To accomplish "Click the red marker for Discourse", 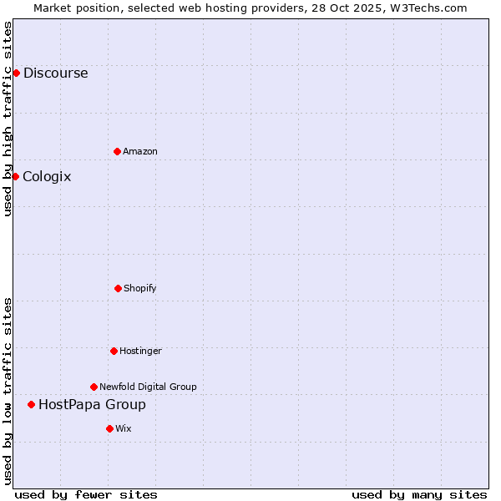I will tap(16, 73).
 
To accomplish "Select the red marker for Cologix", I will tap(15, 176).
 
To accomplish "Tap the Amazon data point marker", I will tap(117, 151).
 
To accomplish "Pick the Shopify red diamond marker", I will tap(118, 288).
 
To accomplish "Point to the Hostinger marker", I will tap(114, 351).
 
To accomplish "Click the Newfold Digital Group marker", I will tap(94, 387).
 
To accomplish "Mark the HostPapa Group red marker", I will tap(31, 404).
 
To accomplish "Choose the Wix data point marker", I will tap(109, 428).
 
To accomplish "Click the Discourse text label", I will tap(55, 73).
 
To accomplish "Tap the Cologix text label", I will tap(47, 176).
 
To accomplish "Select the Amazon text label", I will tap(140, 151).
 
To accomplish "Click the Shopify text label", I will tap(140, 288).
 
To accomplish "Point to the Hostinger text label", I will tap(140, 351).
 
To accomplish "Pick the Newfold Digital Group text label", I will tap(148, 387).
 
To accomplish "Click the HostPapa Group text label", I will tap(92, 404).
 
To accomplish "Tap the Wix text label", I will tap(124, 428).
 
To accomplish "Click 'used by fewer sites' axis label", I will tap(86, 494).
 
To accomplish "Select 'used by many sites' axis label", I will tap(419, 494).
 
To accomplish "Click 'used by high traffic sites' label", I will tap(8, 119).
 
